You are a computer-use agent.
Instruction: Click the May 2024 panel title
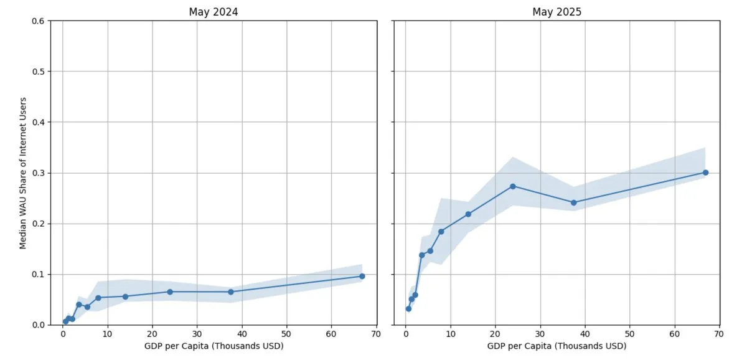coord(214,12)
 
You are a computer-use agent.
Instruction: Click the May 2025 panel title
coord(556,12)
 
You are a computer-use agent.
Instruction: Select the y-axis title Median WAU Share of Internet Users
coord(23,173)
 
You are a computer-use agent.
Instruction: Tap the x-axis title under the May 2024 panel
coord(214,346)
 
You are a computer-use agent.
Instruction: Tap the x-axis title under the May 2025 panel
coord(557,346)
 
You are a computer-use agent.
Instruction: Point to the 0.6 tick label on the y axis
coord(37,21)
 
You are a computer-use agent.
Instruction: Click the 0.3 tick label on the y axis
coord(37,173)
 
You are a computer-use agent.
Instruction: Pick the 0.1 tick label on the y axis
coord(37,274)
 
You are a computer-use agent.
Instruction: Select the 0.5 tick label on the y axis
coord(37,72)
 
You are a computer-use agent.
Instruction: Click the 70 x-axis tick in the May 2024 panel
coord(376,334)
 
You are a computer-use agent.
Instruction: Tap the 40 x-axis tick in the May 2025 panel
coord(585,334)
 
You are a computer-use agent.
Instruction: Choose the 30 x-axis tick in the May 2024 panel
coord(197,334)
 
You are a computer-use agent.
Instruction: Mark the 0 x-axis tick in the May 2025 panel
coord(405,334)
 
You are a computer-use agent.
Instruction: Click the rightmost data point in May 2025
coord(705,173)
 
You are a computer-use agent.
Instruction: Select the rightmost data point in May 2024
coord(362,276)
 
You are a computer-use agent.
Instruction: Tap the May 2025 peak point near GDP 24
coord(513,186)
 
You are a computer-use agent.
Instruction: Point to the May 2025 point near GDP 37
coord(573,202)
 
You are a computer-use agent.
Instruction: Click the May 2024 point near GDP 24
coord(170,291)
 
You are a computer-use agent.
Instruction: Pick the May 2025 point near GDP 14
coord(468,214)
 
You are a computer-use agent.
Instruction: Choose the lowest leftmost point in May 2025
coord(408,309)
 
